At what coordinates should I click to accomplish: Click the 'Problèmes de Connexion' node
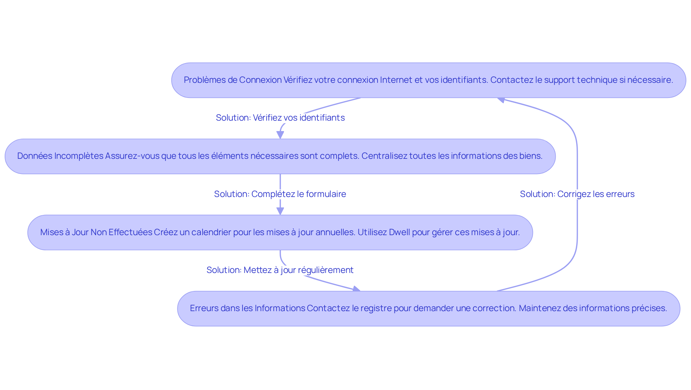[x=428, y=80]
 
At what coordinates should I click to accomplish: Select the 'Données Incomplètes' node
[x=280, y=156]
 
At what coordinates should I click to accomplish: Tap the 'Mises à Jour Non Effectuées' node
[x=280, y=233]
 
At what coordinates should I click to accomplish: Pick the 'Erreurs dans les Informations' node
[x=428, y=309]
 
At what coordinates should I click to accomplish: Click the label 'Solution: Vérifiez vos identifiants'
[x=280, y=118]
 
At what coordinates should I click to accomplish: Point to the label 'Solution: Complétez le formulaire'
[x=280, y=194]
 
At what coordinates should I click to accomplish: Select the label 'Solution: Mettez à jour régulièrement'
[x=280, y=270]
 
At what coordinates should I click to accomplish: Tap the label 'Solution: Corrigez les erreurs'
[x=577, y=194]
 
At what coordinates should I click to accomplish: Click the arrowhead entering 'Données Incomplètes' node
[x=280, y=135]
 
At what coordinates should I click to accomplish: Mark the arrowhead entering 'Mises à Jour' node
[x=280, y=211]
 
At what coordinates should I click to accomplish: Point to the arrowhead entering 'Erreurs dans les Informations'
[x=356, y=289]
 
